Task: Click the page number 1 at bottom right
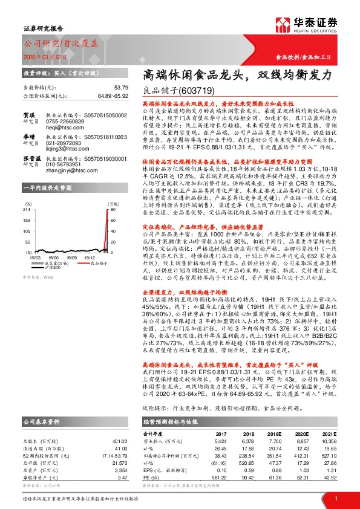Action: coord(335,498)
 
